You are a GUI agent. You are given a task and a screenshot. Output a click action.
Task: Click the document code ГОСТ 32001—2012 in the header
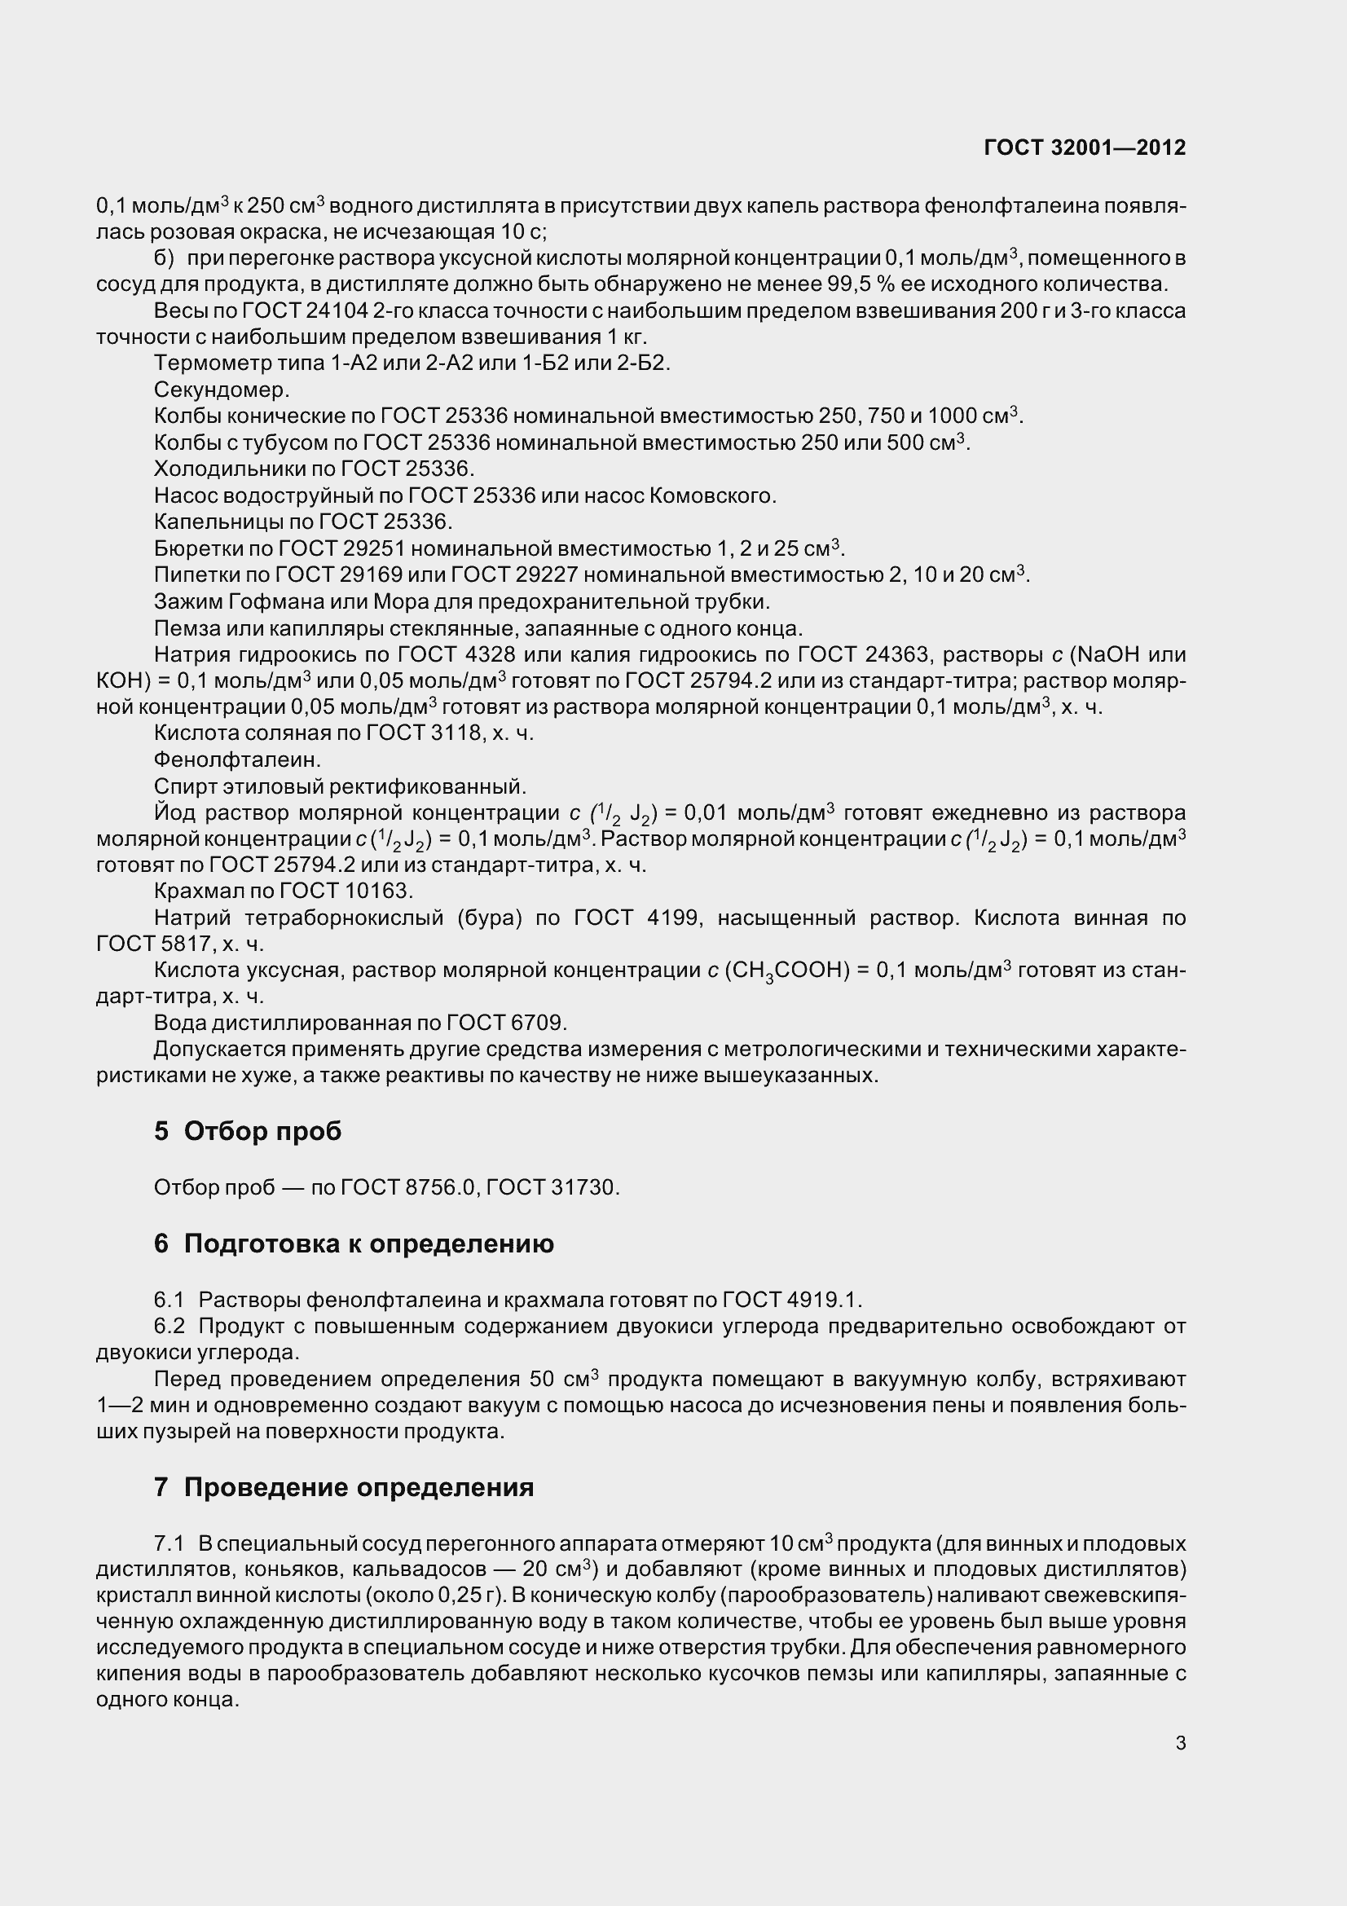[x=1084, y=147]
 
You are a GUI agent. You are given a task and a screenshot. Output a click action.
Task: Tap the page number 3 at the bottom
[x=1180, y=1743]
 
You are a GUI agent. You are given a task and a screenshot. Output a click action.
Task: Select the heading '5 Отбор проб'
[x=248, y=1131]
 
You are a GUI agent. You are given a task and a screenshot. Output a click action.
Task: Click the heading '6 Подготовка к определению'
[x=354, y=1244]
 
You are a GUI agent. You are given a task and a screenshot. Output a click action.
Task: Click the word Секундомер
[x=222, y=390]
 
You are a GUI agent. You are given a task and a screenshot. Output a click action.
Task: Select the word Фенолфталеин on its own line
[x=237, y=759]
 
